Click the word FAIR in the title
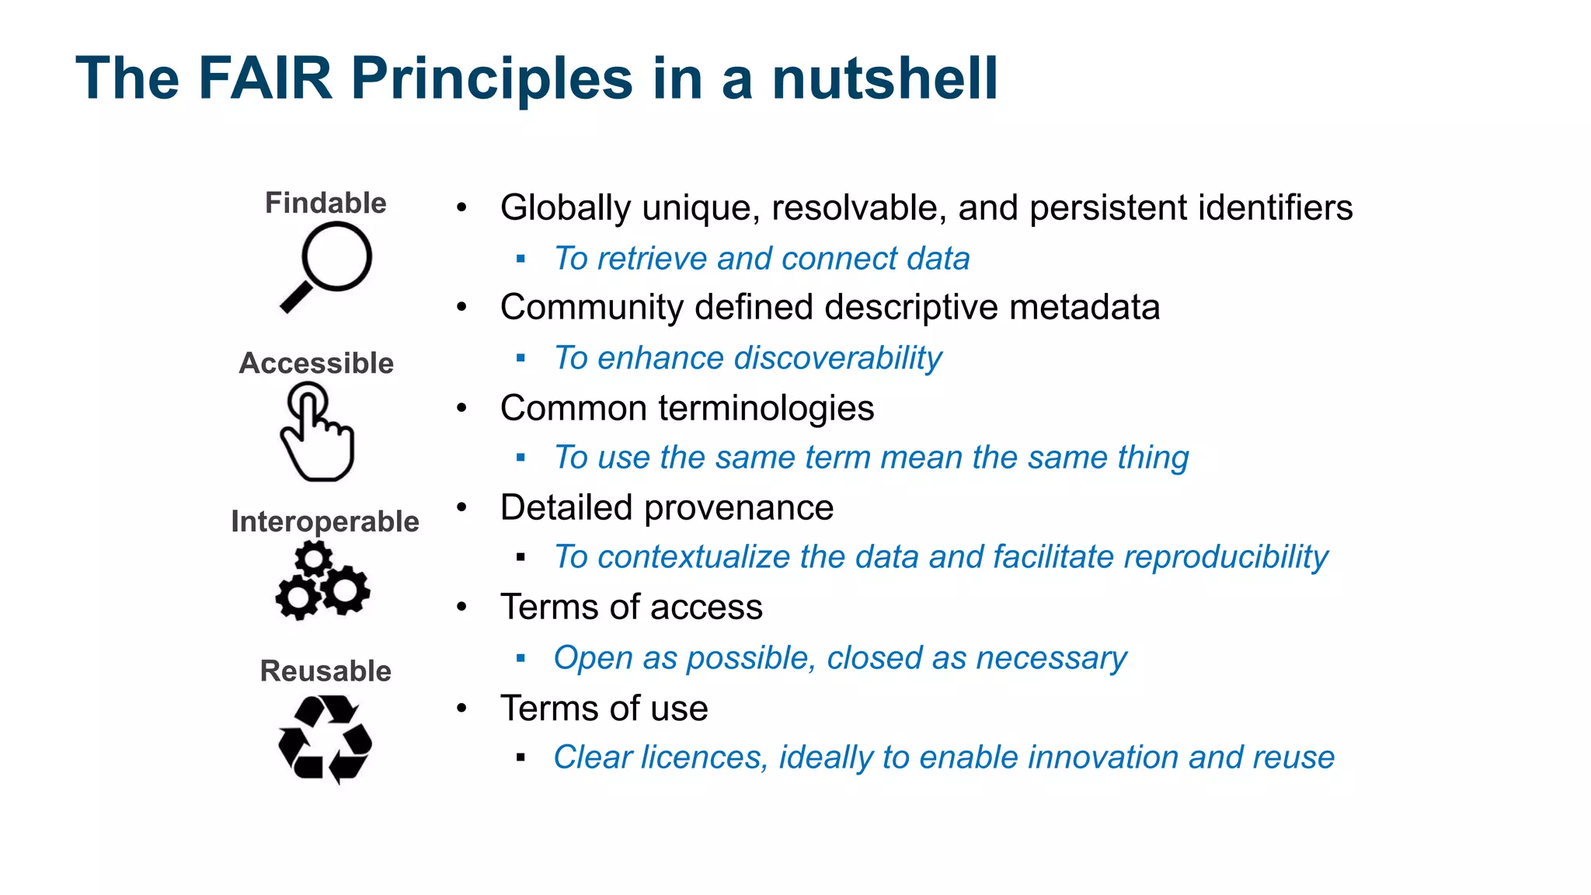[x=265, y=78]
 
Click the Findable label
[x=326, y=203]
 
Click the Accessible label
[x=316, y=363]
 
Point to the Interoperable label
[x=325, y=521]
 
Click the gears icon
[x=322, y=581]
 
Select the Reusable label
[x=326, y=670]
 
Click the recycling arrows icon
[x=325, y=739]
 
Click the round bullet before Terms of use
[x=462, y=708]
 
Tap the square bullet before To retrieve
[x=520, y=259]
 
